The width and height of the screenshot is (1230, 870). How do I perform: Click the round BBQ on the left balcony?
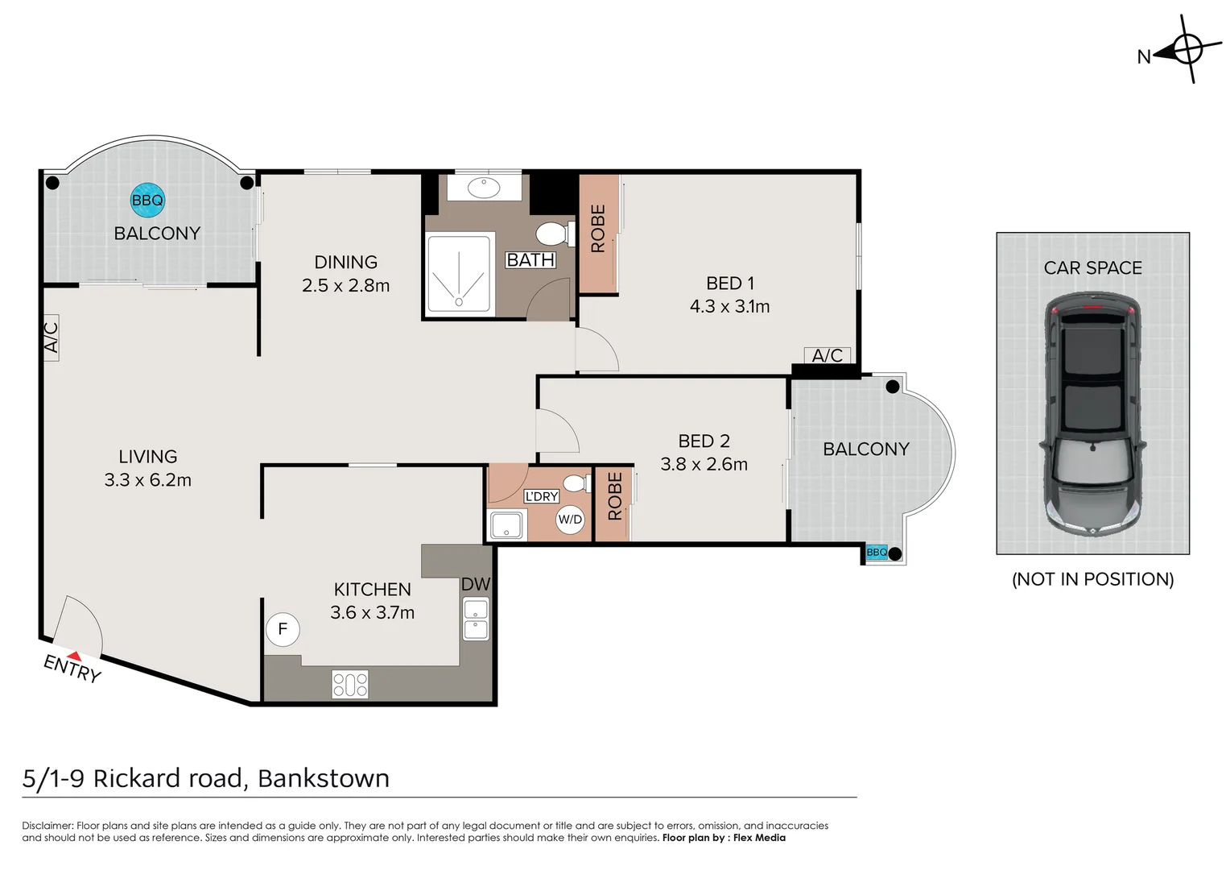click(147, 200)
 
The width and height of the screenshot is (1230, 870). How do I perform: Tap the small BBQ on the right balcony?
click(877, 553)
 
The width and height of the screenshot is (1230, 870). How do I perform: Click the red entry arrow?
click(74, 656)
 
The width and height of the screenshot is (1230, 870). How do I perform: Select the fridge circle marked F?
click(283, 629)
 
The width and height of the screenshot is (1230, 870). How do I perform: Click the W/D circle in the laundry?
click(570, 520)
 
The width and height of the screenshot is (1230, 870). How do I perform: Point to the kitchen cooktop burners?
click(350, 685)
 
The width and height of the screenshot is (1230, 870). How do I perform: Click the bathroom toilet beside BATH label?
click(555, 234)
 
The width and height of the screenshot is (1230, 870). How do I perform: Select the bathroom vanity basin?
click(484, 188)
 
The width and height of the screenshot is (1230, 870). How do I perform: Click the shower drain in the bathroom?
click(459, 302)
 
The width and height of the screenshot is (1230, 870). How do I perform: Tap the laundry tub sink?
click(506, 525)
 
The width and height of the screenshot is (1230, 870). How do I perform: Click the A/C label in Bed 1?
click(827, 355)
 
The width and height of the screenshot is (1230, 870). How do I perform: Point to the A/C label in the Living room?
click(51, 338)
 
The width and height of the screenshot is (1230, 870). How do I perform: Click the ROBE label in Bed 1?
click(598, 229)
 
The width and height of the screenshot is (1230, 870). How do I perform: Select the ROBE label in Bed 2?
click(615, 496)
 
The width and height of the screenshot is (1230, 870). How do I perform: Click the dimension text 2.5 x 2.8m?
click(346, 286)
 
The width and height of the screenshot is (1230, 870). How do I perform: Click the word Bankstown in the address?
click(324, 779)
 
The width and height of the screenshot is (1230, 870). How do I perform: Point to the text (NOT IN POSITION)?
click(1092, 579)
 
